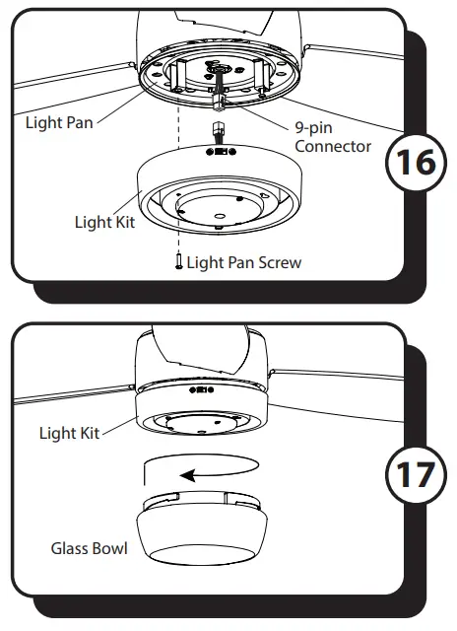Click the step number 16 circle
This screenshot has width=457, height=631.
[x=416, y=162]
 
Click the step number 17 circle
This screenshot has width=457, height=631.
[x=416, y=475]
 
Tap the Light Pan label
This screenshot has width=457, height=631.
[x=59, y=122]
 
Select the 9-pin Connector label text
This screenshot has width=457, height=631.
[x=333, y=137]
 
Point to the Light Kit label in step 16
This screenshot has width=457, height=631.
[x=105, y=222]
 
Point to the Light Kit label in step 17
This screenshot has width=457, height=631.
[x=69, y=433]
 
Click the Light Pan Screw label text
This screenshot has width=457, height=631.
[x=244, y=262]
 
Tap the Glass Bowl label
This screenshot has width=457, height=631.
[x=90, y=548]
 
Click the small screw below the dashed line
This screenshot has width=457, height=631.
[x=179, y=261]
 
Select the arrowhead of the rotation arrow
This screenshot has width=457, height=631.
[x=188, y=475]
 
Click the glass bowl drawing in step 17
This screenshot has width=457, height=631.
[x=202, y=527]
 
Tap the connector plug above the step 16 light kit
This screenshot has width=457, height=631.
[x=219, y=133]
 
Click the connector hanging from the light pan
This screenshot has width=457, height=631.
[x=219, y=104]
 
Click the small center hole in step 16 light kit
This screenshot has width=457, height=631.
[x=219, y=217]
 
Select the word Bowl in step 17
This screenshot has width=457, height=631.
[x=109, y=548]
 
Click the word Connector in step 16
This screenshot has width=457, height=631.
[x=333, y=146]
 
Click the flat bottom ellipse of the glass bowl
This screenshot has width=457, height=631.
[x=202, y=555]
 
